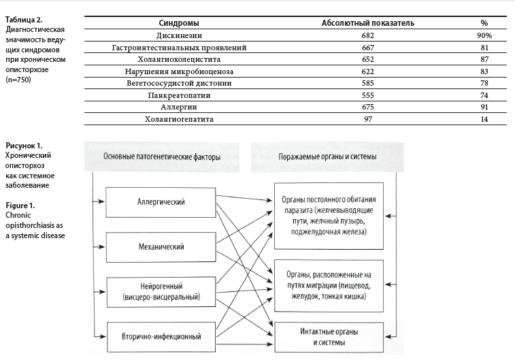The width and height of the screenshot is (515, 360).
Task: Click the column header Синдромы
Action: coord(178,23)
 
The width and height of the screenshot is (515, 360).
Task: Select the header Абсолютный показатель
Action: coord(368,23)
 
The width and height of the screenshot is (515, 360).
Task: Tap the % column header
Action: coord(484,23)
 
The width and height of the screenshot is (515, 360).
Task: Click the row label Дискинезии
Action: coord(178,35)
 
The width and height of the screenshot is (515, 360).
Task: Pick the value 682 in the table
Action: coord(368,35)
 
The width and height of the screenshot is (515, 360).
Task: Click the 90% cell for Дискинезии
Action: coord(484,35)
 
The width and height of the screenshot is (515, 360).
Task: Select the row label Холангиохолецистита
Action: coord(178,60)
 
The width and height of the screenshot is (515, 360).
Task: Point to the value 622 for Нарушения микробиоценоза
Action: coord(368,71)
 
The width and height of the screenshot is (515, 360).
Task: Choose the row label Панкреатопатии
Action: coord(178,96)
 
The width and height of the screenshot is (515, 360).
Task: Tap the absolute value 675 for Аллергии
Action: coord(368,108)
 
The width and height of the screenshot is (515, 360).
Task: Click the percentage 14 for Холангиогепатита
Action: coord(484,120)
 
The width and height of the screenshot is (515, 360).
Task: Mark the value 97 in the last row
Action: coord(368,120)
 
